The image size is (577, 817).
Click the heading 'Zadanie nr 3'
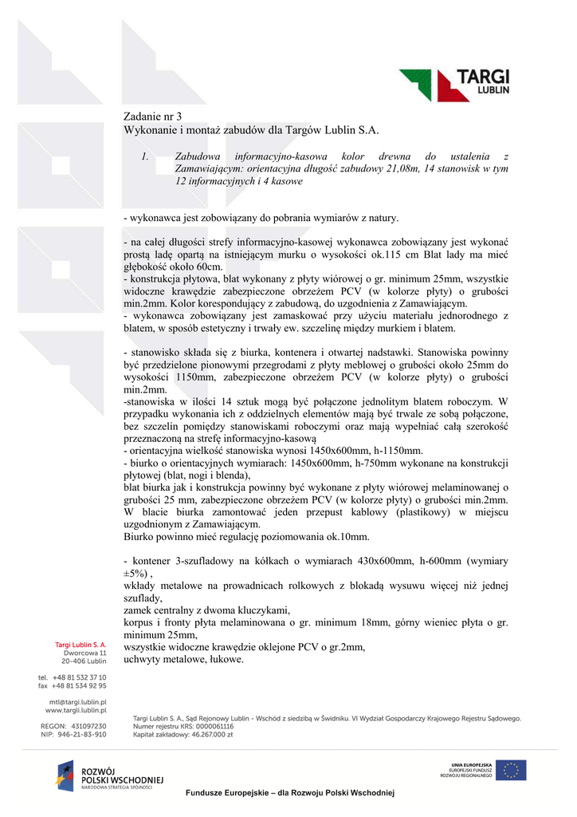click(x=153, y=116)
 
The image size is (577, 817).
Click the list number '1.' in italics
click(x=144, y=157)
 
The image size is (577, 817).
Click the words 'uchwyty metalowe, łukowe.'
click(x=183, y=659)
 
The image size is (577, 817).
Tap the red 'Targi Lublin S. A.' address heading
click(x=80, y=644)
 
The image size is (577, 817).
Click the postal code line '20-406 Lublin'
click(x=84, y=661)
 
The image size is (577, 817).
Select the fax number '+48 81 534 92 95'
click(x=79, y=685)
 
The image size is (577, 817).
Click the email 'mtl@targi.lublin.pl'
click(x=77, y=702)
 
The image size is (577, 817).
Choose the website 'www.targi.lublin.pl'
click(x=76, y=710)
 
